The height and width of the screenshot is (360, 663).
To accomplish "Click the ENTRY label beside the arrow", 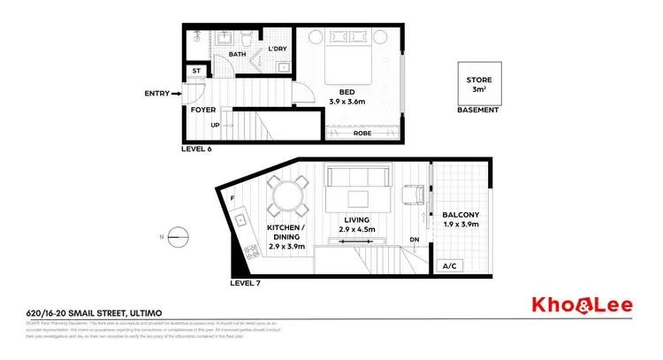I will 156,93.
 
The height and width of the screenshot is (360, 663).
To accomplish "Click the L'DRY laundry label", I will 277,50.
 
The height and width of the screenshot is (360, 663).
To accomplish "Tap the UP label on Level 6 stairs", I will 215,125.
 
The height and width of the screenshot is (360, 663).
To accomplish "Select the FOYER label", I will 203,111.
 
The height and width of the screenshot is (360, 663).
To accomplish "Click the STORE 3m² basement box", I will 478,85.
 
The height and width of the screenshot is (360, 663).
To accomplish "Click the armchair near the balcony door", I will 414,195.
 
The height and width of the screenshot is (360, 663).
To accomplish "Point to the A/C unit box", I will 448,266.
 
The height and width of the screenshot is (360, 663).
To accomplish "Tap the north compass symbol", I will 178,234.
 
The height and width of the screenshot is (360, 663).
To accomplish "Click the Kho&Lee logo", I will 592,305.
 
